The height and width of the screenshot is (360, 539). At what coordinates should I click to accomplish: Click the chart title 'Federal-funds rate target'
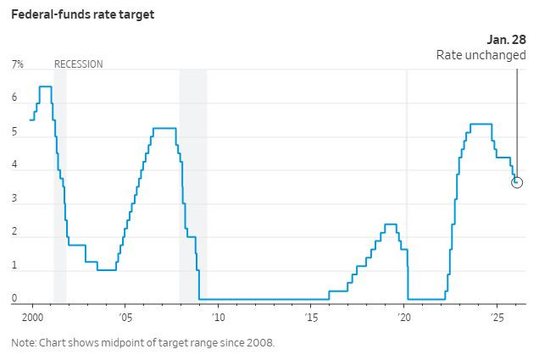[x=82, y=14]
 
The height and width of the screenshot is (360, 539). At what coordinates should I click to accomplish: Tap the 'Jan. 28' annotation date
[x=506, y=40]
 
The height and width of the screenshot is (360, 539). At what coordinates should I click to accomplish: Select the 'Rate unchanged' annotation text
[x=481, y=55]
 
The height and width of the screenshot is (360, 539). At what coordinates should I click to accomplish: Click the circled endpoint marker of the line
[x=517, y=182]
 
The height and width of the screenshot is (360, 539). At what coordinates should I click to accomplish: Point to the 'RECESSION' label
[x=78, y=64]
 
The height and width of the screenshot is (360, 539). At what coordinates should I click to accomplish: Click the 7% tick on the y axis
[x=17, y=64]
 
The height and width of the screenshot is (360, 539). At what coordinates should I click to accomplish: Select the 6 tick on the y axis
[x=14, y=98]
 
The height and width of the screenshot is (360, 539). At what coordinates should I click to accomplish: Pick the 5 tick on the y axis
[x=14, y=132]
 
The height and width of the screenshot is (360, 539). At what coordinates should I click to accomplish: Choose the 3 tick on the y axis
[x=14, y=199]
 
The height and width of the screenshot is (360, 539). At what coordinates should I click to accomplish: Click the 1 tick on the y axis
[x=14, y=266]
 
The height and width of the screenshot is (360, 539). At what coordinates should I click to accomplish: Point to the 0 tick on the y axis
[x=14, y=299]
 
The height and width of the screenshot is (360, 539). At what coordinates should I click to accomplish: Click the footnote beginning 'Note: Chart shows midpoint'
[x=142, y=343]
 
